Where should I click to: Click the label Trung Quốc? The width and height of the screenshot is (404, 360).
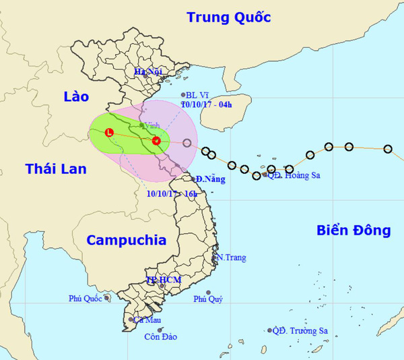pos(229,18)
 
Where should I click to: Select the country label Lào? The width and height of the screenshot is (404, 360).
pos(75,97)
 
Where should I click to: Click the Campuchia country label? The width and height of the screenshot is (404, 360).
pos(126,239)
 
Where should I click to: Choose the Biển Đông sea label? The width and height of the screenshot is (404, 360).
pos(353,231)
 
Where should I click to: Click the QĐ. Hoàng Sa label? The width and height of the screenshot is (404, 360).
pos(292,175)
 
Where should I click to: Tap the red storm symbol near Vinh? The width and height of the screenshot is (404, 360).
pos(156,141)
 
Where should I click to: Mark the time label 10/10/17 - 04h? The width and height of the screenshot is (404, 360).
pos(210,104)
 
